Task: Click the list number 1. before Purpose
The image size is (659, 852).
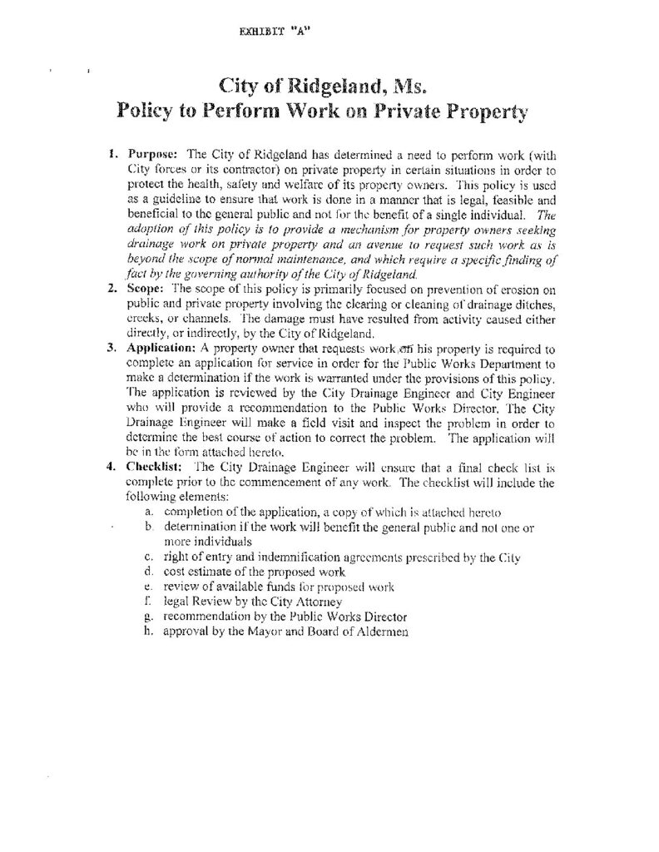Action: click(x=115, y=154)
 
